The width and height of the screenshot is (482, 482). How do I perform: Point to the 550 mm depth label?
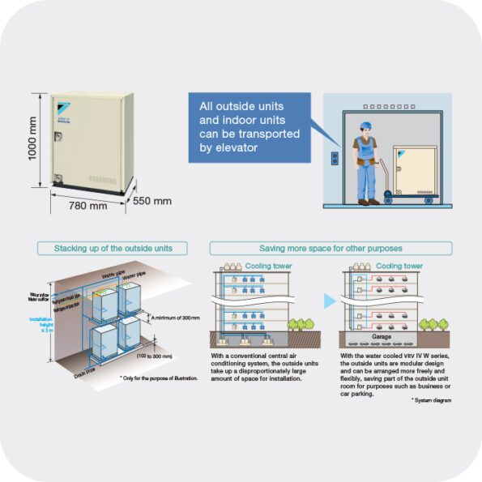tap(151, 200)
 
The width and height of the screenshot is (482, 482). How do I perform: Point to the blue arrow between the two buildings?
tap(329, 301)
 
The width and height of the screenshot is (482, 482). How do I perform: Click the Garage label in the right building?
tap(382, 335)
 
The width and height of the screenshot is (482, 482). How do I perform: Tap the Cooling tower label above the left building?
tap(270, 266)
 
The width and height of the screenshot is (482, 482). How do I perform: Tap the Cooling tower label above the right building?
tap(399, 266)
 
